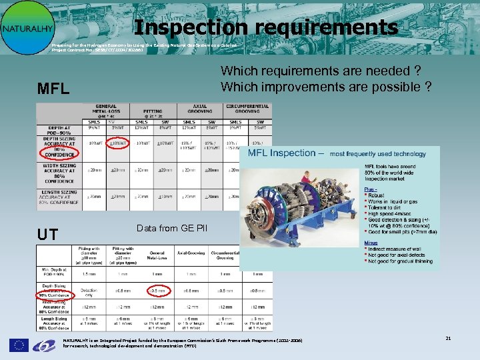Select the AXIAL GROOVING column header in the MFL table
coord(200,110)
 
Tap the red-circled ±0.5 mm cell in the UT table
coord(158,290)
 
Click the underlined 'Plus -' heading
coord(371,189)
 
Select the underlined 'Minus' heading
coord(371,243)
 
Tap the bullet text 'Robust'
coord(379,197)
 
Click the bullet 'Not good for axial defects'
coord(399,255)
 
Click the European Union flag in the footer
coord(19,345)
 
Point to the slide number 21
coord(448,339)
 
